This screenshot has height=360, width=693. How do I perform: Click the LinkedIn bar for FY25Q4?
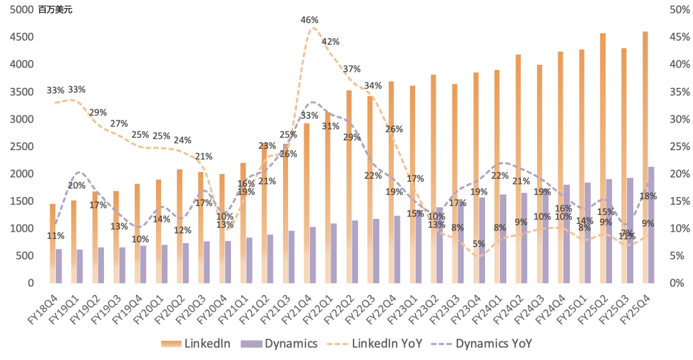point(645,157)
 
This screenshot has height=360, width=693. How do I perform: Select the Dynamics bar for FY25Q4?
point(651,225)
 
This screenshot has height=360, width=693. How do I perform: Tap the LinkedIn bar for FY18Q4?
point(53,243)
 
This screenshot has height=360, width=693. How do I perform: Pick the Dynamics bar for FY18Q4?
point(59,266)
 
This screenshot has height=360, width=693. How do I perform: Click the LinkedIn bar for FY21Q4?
point(307,203)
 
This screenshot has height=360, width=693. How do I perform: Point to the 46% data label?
point(309,20)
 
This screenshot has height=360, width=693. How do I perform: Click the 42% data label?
point(330,42)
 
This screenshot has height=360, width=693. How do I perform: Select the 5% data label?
point(478,244)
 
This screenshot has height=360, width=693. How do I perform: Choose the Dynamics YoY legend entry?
point(483,344)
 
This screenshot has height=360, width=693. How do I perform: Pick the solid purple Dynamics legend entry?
point(278,344)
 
